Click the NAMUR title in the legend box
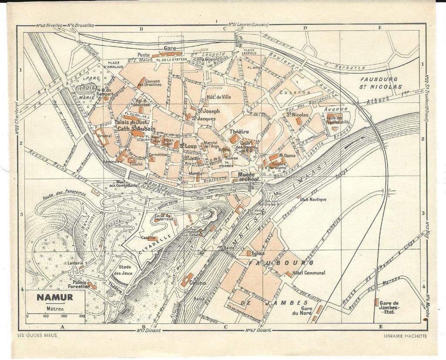coord(54,298)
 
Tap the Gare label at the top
coord(169,48)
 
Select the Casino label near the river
coord(197,283)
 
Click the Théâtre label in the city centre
coord(239,132)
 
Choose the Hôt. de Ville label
coord(219,97)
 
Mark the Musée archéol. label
coord(249,177)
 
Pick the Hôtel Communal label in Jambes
coord(309,273)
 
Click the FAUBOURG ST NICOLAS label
coord(381,83)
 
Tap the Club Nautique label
coord(314,199)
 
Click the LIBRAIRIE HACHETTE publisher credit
coord(406,336)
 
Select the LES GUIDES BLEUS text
coord(37,336)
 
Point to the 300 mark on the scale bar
coord(81,316)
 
